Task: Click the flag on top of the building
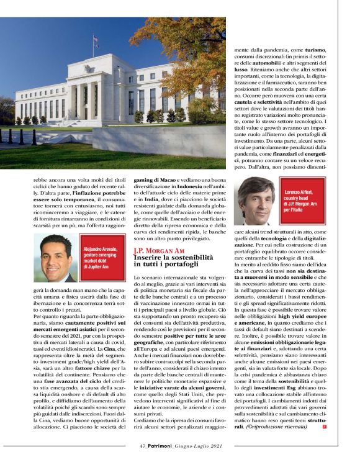pyautogui.click(x=95, y=41)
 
